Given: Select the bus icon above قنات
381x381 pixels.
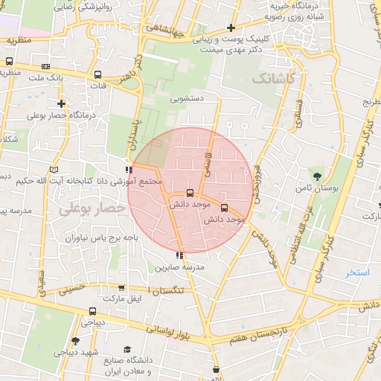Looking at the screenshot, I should [x=98, y=74].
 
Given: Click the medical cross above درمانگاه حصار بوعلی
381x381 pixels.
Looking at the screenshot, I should [x=61, y=103].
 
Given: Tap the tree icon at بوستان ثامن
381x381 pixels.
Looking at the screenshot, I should [x=318, y=176].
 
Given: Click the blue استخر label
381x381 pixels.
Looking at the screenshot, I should [x=357, y=272].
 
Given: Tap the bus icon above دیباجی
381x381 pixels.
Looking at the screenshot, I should [x=92, y=312].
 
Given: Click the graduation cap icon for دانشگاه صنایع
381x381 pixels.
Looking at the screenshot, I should [x=127, y=349].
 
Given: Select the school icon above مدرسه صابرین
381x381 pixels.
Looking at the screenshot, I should [x=179, y=255].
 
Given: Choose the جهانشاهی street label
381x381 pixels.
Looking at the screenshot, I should [x=165, y=31].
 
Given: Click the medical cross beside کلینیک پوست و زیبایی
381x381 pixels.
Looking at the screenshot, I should [x=231, y=28].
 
